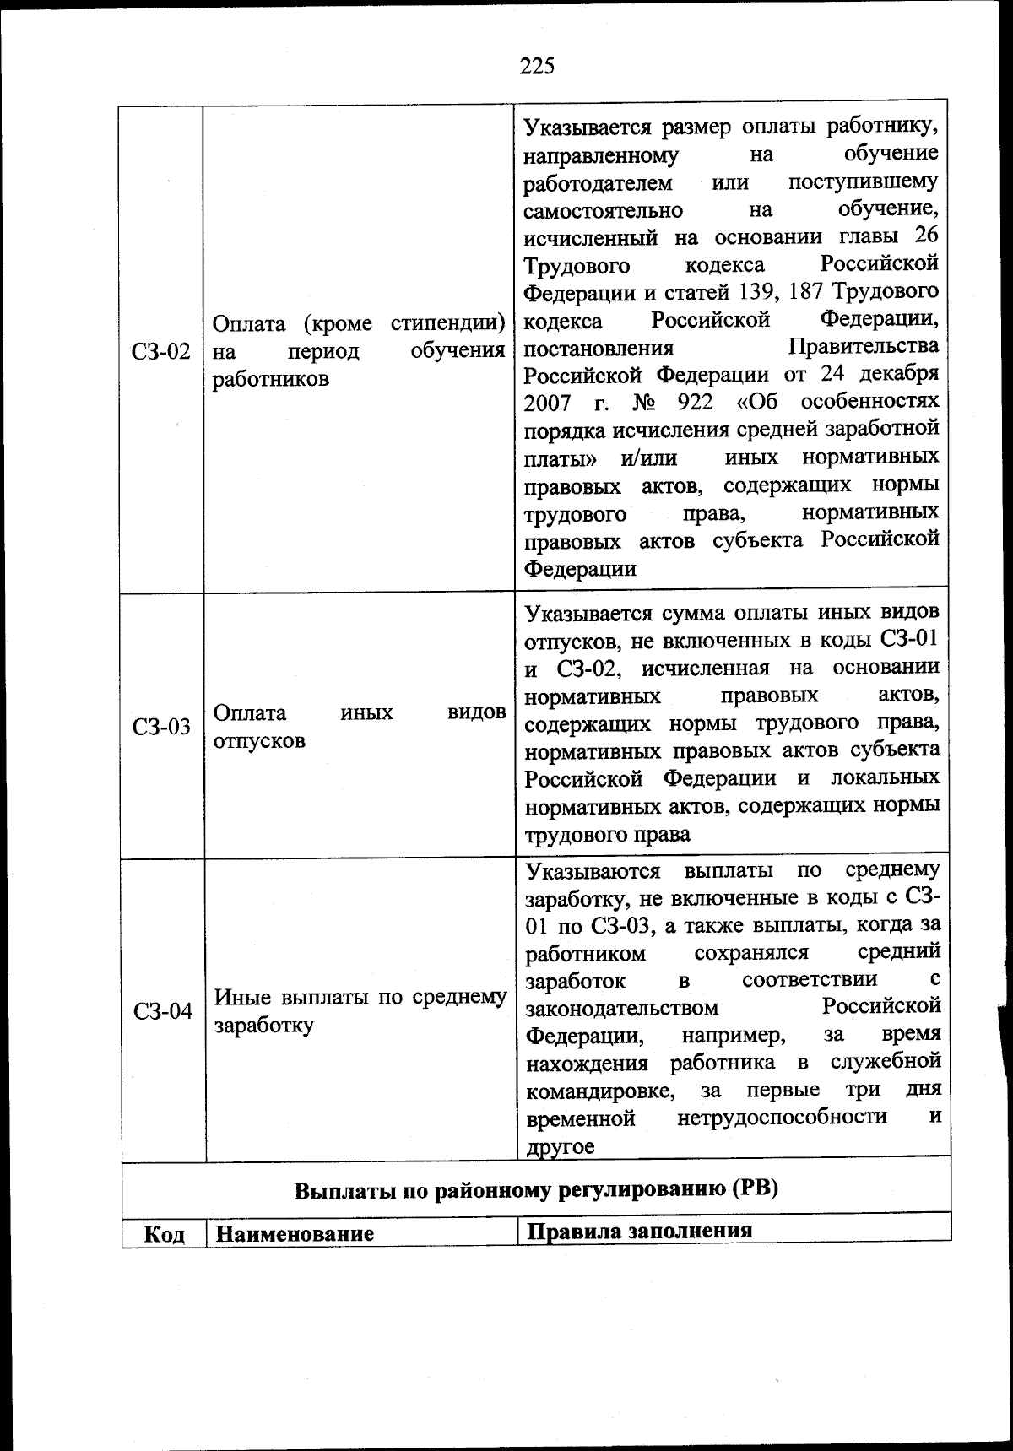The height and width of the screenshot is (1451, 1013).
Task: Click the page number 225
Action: click(x=537, y=66)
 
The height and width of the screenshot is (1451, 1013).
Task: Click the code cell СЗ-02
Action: click(x=161, y=351)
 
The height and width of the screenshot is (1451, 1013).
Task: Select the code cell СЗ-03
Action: click(x=161, y=728)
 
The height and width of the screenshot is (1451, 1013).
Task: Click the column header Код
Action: click(x=165, y=1234)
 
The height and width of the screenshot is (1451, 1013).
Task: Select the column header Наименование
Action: click(x=295, y=1234)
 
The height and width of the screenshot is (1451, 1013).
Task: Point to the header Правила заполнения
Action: click(x=639, y=1230)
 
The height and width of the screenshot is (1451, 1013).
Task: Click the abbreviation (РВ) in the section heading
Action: click(x=754, y=1190)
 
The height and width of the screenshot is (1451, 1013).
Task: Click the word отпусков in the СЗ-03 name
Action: click(x=259, y=741)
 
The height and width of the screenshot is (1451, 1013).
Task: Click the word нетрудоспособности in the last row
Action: click(x=782, y=1118)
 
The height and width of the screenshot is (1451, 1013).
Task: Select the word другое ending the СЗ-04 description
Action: click(x=561, y=1146)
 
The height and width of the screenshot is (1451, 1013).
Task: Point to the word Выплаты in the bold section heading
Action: click(x=333, y=1191)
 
